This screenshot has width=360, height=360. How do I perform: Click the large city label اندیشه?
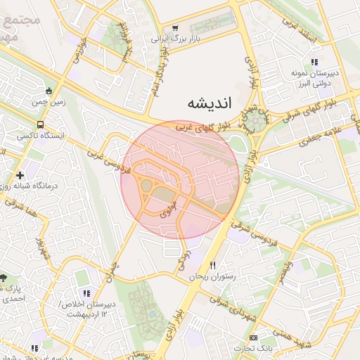(208, 104)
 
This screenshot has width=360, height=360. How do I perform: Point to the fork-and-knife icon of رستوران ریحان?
(213, 265)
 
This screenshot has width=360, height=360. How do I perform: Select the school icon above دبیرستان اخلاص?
(86, 293)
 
